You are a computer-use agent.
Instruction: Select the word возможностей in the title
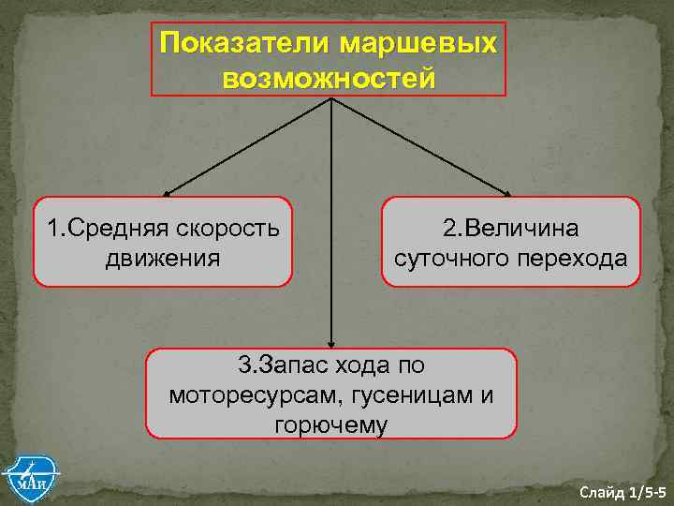coord(329,78)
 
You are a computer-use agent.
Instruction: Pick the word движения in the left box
coord(163,257)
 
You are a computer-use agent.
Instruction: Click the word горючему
coord(331,424)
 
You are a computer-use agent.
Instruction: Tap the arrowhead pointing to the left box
coord(175,193)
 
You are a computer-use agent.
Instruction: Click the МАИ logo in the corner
coord(30,477)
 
